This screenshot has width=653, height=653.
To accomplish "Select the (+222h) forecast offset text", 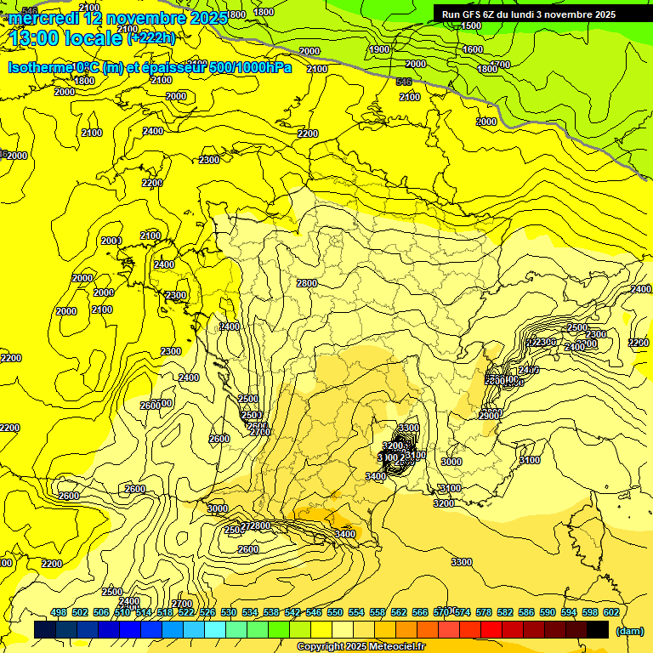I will pyautogui.click(x=151, y=37).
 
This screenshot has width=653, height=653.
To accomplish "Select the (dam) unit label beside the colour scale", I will pyautogui.click(x=629, y=630).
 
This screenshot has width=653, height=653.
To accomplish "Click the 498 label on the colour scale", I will pyautogui.click(x=59, y=612).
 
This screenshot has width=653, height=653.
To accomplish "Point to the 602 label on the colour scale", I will pyautogui.click(x=610, y=612).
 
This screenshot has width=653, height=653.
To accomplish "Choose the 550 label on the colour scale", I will pyautogui.click(x=335, y=612).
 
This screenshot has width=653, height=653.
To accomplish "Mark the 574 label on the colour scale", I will pyautogui.click(x=463, y=612).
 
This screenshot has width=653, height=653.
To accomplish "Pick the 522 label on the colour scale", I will pyautogui.click(x=186, y=612).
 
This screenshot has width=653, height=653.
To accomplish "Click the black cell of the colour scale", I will pyautogui.click(x=598, y=629).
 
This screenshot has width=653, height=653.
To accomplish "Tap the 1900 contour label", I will pyautogui.click(x=380, y=49).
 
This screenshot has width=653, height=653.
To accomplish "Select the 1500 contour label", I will pyautogui.click(x=471, y=26).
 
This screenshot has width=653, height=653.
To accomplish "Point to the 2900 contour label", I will pyautogui.click(x=489, y=416).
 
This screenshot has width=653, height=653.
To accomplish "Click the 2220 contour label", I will pyautogui.click(x=639, y=343).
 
